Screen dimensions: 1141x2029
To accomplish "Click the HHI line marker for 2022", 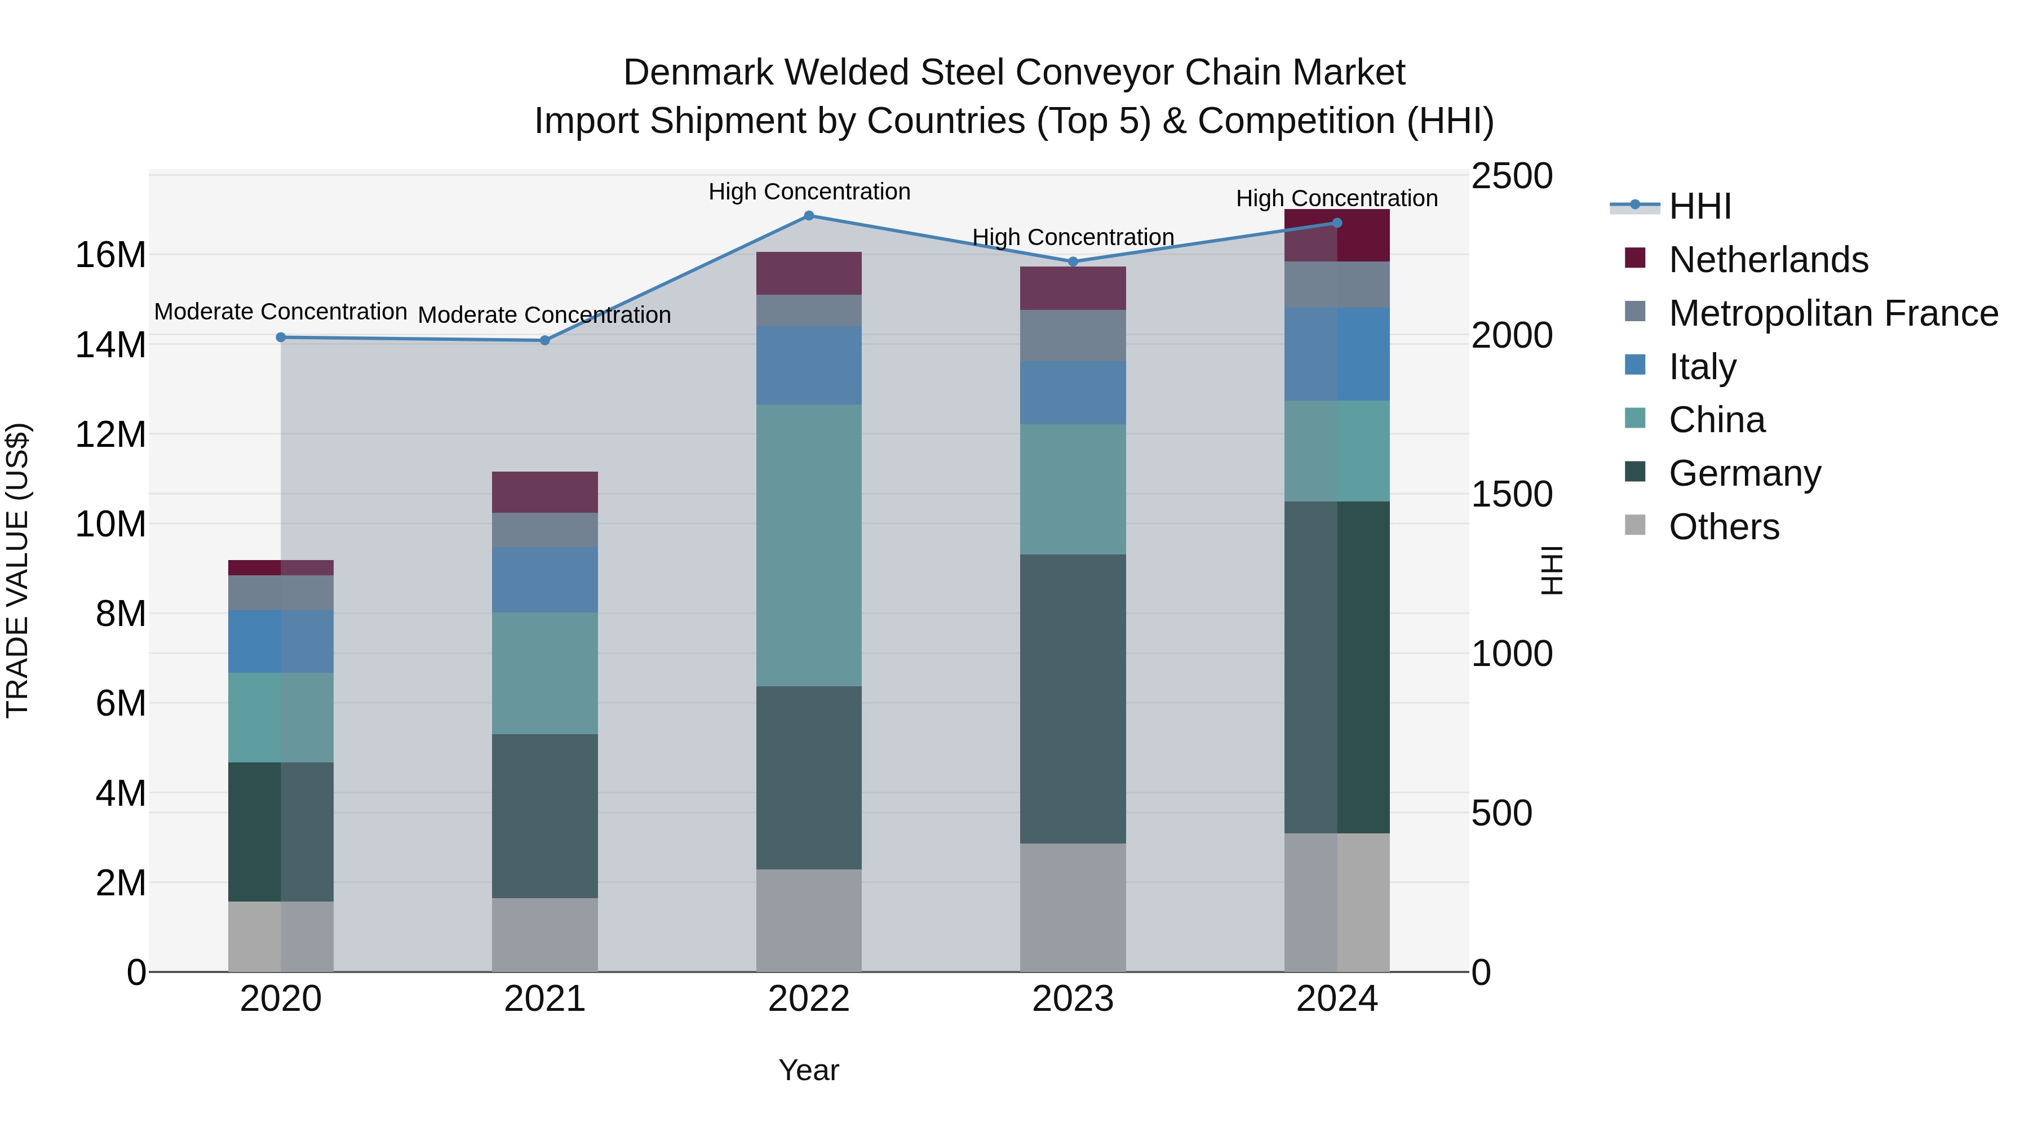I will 808,216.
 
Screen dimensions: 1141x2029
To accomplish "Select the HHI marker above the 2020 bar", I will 281,337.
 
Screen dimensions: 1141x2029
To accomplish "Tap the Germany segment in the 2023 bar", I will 1072,699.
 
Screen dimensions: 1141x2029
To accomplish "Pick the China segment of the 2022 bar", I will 808,545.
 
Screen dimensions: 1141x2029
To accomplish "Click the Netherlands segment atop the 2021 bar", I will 544,492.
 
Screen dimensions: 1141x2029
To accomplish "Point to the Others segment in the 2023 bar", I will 1072,907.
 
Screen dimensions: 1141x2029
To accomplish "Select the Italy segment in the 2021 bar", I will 544,580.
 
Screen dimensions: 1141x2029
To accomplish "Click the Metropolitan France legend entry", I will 1832,313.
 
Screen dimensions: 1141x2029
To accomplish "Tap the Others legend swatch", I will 1634,525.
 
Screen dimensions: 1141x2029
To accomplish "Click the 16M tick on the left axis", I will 110,255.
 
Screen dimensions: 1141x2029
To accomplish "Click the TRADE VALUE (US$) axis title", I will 18,570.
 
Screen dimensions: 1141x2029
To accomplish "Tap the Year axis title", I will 808,1070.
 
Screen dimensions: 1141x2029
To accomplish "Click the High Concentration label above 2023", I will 1072,237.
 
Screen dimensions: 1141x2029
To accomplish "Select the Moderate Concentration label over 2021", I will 544,315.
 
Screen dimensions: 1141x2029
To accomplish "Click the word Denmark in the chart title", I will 697,73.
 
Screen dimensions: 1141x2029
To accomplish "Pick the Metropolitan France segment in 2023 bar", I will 1072,335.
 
